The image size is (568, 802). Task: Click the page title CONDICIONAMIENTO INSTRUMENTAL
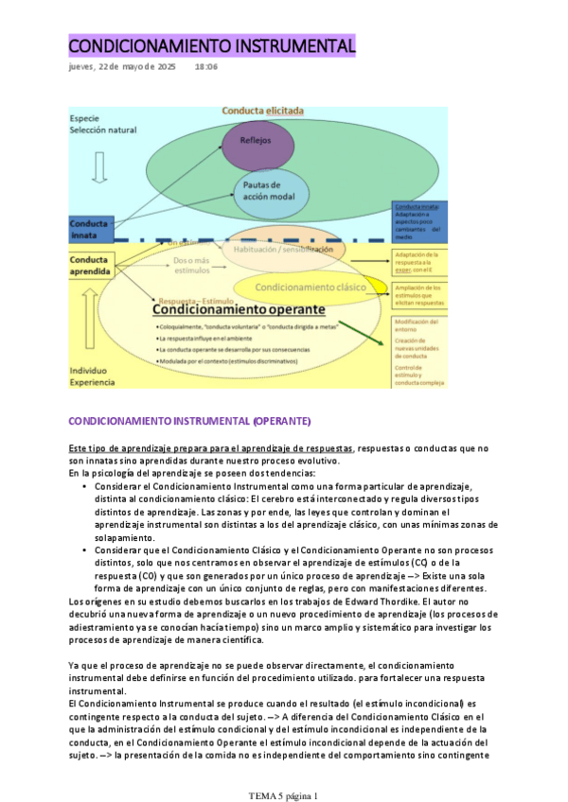(212, 45)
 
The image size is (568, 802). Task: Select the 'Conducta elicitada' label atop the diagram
(262, 111)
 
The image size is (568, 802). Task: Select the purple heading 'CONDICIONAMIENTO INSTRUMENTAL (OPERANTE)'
(189, 420)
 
